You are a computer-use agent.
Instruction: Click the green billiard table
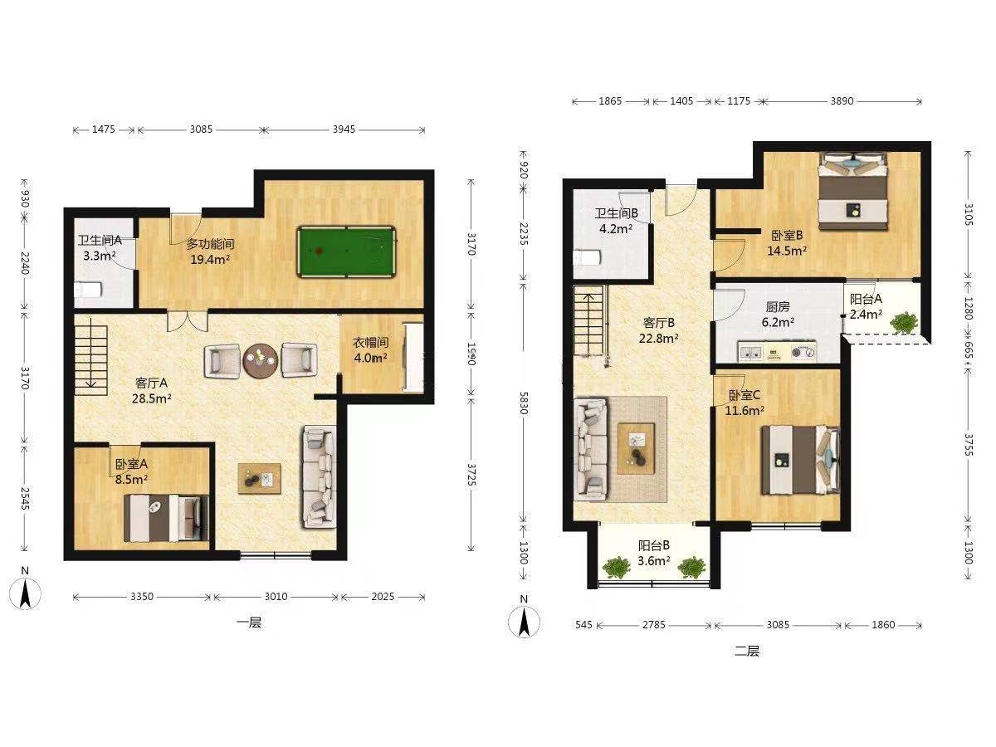tap(346, 251)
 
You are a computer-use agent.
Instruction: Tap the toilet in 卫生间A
tap(88, 290)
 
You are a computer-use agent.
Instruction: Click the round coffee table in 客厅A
tap(261, 360)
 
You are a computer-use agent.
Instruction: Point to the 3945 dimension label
tap(344, 129)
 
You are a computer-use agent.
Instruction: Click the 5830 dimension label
tap(523, 403)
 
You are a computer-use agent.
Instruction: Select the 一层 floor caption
tap(249, 622)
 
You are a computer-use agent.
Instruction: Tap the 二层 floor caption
tap(747, 652)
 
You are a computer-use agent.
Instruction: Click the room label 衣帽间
tap(371, 343)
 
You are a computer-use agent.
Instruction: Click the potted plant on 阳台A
tap(903, 323)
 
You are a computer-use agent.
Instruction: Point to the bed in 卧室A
tap(166, 519)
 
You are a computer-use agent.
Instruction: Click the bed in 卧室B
tap(852, 192)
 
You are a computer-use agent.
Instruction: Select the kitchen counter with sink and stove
tap(776, 352)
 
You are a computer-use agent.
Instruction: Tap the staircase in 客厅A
tap(91, 356)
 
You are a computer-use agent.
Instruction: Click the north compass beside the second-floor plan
tap(524, 622)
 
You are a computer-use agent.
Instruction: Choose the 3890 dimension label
tap(842, 101)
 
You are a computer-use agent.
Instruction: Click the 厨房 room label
tap(777, 307)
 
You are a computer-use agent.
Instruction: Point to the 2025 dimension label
tap(383, 597)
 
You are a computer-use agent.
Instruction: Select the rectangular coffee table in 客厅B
tap(636, 448)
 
